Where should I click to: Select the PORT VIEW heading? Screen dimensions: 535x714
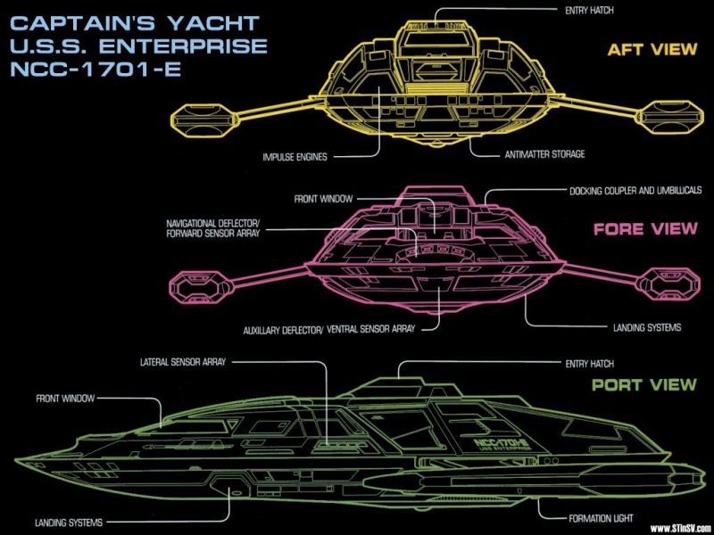[643, 385]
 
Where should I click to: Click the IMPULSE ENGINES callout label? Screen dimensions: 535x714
[295, 156]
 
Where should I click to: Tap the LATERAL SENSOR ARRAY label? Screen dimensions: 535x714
[182, 363]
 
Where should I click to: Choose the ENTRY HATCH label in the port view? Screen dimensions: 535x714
[589, 364]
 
